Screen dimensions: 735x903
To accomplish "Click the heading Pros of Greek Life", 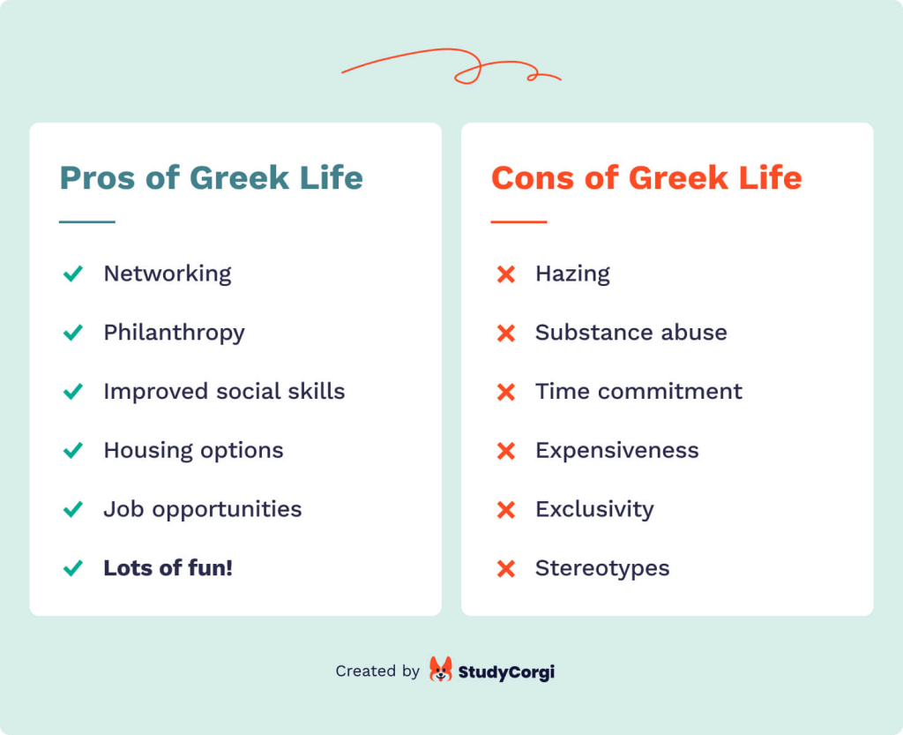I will pos(211,178).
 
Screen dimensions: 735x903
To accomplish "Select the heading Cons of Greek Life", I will pos(646,178).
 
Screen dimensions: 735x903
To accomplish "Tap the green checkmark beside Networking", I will pos(73,274).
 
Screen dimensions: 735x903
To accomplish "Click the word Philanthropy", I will pos(174,333).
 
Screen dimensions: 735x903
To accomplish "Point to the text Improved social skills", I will pos(224,392).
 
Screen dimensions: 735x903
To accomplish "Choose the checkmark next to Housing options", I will pos(73,451).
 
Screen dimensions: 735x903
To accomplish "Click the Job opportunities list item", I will pos(202,509).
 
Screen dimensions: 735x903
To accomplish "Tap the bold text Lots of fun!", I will pos(168,568).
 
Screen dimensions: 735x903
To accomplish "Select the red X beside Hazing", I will pos(506,274).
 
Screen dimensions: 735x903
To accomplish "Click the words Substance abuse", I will pos(631,333).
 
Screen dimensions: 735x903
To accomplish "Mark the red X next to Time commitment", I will pos(506,392).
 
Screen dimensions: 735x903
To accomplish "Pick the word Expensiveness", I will pos(616,451).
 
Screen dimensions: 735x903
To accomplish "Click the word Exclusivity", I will pos(594,509).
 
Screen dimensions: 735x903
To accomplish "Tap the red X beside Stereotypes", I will pos(506,568).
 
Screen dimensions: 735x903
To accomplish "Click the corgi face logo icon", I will pos(440,670).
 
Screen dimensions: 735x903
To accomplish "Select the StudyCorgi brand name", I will pos(506,671).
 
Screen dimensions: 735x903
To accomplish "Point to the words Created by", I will pos(377,671).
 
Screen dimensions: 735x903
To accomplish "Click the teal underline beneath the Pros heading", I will pos(87,221).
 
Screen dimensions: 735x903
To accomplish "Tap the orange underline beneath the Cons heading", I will pos(519,221).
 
